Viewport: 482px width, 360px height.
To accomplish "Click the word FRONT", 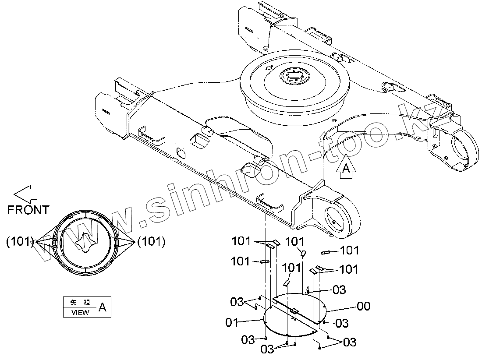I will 28,210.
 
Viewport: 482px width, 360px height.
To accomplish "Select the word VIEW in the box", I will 80,312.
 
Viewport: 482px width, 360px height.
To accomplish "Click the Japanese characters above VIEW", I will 80,303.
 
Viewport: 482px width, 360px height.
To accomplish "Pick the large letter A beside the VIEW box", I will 102,307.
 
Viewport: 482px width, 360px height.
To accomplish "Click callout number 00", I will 363,307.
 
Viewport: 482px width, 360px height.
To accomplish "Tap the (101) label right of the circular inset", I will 151,241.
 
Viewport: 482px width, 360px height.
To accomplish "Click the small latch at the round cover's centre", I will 294,311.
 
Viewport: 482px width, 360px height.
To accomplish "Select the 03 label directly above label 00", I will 339,289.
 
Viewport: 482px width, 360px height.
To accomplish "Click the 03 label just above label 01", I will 237,301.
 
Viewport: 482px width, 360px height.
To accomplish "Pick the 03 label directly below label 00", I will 342,323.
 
